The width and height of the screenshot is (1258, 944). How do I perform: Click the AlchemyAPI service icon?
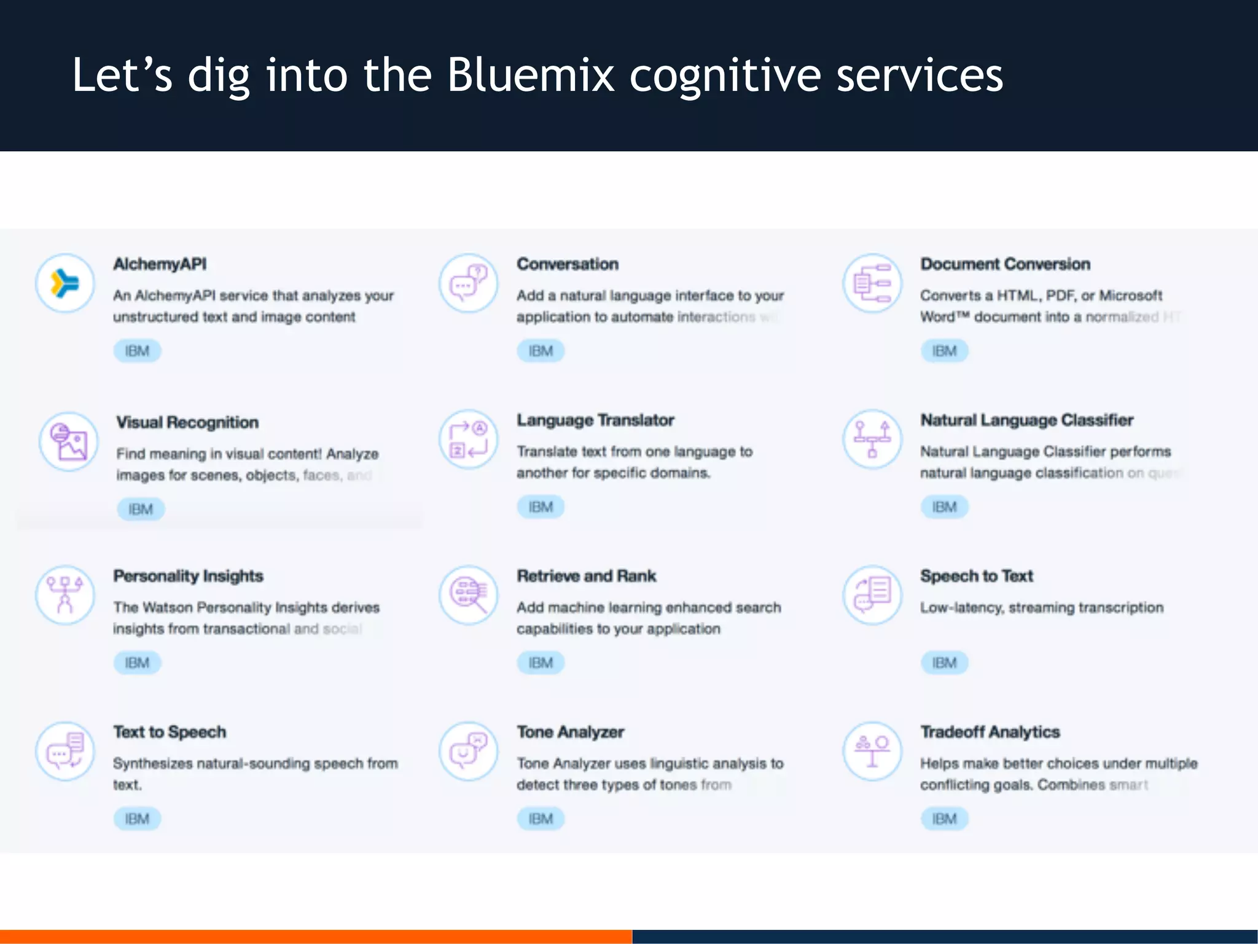pyautogui.click(x=65, y=283)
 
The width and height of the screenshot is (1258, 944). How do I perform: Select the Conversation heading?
pyautogui.click(x=567, y=264)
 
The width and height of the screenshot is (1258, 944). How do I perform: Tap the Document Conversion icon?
pyautogui.click(x=872, y=283)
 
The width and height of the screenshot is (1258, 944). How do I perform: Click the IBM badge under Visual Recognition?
pyautogui.click(x=141, y=509)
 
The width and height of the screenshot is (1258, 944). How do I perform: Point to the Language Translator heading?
pyautogui.click(x=595, y=420)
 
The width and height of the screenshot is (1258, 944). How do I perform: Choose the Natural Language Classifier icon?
pyautogui.click(x=872, y=439)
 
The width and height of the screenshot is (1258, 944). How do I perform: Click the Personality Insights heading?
pyautogui.click(x=188, y=576)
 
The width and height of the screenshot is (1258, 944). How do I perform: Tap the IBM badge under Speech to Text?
pyautogui.click(x=944, y=663)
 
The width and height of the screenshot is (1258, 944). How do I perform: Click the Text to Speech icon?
pyautogui.click(x=65, y=751)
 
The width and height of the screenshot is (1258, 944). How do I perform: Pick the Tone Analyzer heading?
pyautogui.click(x=570, y=732)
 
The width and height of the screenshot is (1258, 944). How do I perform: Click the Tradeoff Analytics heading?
pyautogui.click(x=990, y=732)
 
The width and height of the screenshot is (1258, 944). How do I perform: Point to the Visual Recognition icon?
pyautogui.click(x=68, y=441)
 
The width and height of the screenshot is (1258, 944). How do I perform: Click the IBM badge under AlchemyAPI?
pyautogui.click(x=137, y=351)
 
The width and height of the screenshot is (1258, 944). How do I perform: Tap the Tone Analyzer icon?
pyautogui.click(x=469, y=751)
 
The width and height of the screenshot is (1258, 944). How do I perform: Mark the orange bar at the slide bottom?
pyautogui.click(x=316, y=936)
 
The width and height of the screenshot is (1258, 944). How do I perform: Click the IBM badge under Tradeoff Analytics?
pyautogui.click(x=944, y=819)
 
